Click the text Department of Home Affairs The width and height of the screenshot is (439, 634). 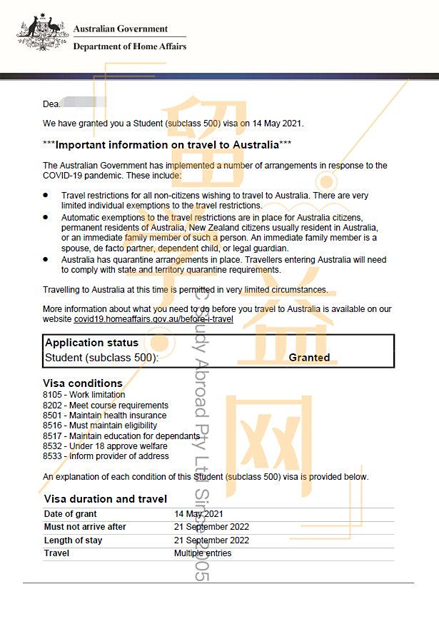coord(129,46)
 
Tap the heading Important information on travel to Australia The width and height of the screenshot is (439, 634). coord(167,145)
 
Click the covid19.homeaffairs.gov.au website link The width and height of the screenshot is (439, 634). coord(153,319)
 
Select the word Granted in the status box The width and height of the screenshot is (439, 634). coord(309,357)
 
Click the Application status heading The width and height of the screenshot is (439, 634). coord(91,343)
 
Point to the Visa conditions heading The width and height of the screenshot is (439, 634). coord(82,383)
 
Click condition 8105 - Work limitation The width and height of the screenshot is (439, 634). coord(84,395)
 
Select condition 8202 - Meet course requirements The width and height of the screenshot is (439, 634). coord(106,406)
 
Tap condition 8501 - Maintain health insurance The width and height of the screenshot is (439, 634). coord(104,416)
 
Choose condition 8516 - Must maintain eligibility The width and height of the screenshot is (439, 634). coord(100,426)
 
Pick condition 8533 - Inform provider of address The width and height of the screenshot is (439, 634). coord(106,456)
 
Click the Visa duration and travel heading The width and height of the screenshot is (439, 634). coord(106,499)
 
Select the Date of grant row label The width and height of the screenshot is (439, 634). coord(70,514)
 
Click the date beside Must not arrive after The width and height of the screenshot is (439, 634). coord(211,527)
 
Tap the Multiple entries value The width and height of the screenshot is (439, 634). coord(203,553)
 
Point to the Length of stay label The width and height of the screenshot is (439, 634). coord(73,540)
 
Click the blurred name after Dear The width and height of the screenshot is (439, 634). coord(84,104)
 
